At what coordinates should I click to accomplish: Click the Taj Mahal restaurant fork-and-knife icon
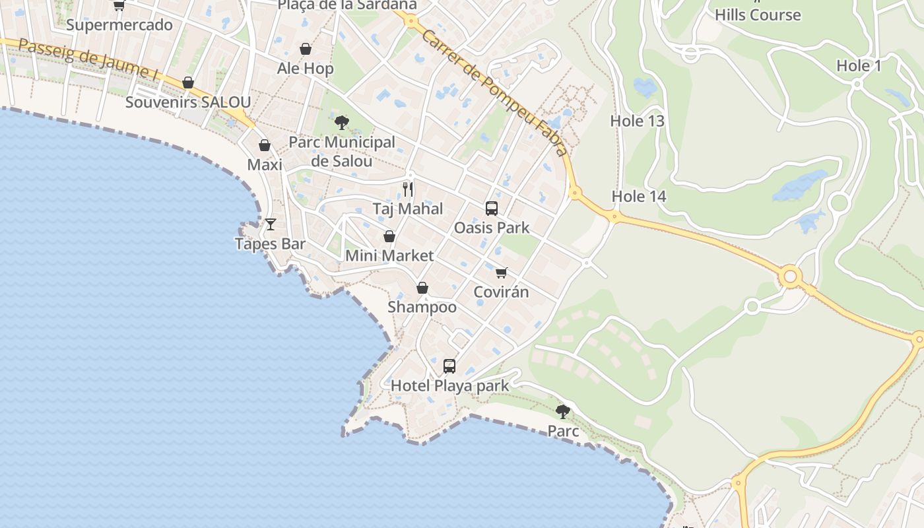click(x=408, y=190)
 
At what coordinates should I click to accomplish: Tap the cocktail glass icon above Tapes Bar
click(x=271, y=224)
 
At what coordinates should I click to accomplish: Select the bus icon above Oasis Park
click(x=492, y=209)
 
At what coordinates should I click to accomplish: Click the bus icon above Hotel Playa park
click(x=449, y=366)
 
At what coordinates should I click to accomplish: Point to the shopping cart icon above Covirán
click(x=502, y=272)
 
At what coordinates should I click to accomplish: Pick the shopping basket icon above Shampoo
click(x=422, y=288)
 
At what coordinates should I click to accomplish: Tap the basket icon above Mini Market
click(x=389, y=236)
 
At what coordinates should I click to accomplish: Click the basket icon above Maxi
click(x=265, y=145)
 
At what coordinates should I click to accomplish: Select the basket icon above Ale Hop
click(x=306, y=49)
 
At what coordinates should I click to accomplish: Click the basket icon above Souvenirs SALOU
click(x=188, y=82)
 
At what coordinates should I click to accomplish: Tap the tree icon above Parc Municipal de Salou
click(x=341, y=122)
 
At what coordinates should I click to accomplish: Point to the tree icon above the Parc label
click(x=563, y=412)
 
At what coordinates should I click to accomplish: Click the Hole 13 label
click(x=637, y=121)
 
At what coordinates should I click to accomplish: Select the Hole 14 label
click(x=639, y=196)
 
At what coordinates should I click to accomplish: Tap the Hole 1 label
click(x=859, y=65)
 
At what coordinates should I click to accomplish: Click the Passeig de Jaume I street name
click(x=88, y=59)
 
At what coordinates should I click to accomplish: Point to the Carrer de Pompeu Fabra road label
click(x=495, y=92)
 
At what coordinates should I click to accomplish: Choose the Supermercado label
click(x=119, y=25)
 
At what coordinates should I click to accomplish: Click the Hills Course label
click(x=758, y=15)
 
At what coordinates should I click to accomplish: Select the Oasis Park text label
click(x=492, y=228)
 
